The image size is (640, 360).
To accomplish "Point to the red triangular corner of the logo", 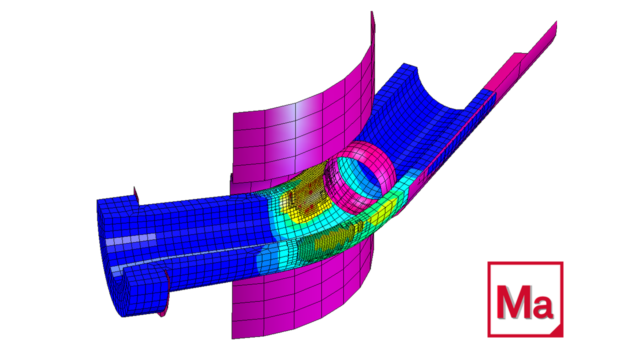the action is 557,332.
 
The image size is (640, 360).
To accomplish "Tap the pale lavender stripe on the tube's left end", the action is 131,239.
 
